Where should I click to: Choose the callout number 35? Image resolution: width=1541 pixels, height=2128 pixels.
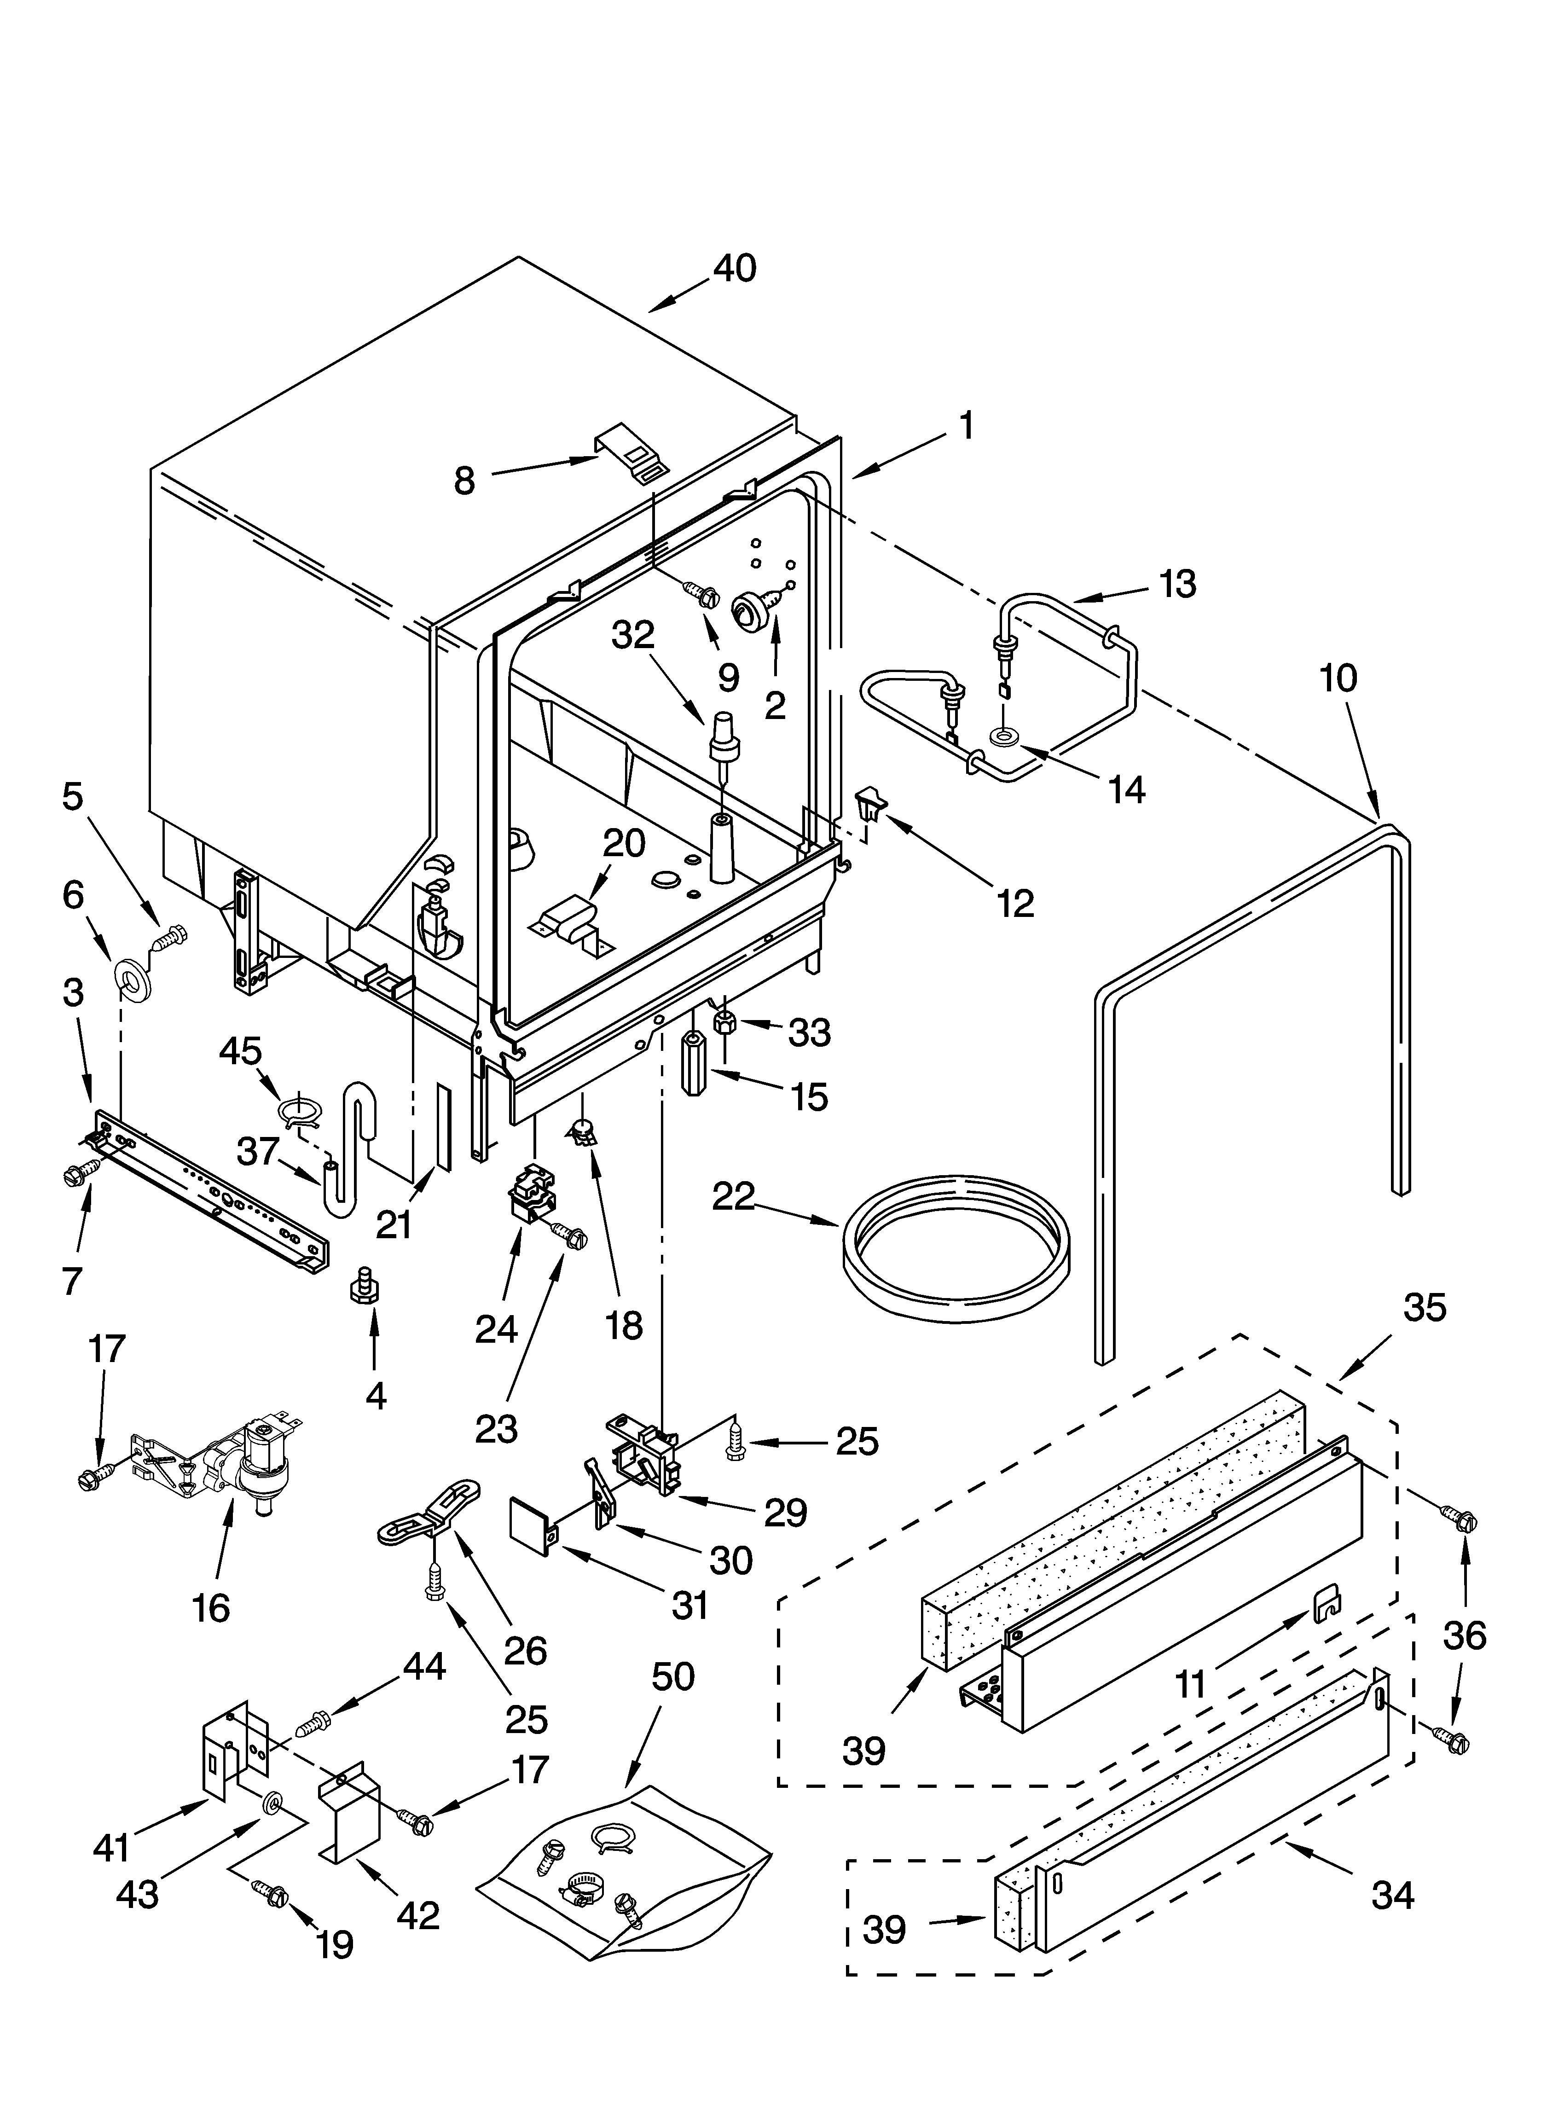(1424, 1307)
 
